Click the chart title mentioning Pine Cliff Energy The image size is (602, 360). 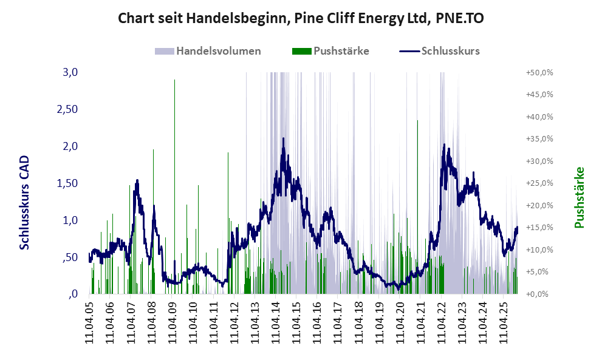point(301,18)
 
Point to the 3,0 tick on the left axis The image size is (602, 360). point(70,72)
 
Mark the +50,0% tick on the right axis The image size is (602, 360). point(539,72)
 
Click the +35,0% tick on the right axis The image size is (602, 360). point(539,138)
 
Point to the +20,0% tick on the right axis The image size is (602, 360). point(539,205)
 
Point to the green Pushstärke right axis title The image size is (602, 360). point(579,197)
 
